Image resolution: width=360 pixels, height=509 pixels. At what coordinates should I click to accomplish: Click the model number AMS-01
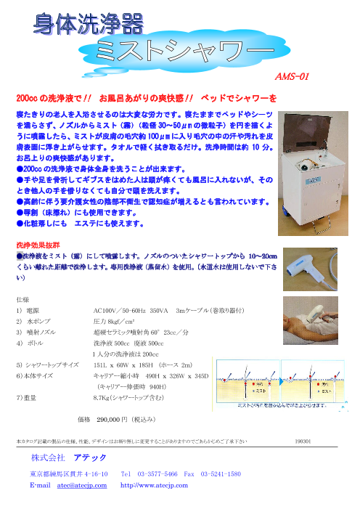(x=293, y=76)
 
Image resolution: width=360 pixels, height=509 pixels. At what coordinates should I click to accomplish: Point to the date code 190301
(x=305, y=441)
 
